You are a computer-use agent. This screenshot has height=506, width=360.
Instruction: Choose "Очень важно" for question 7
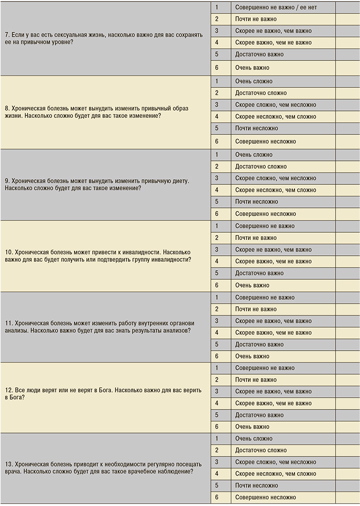[252, 67]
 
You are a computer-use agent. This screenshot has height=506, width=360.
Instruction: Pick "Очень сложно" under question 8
[253, 81]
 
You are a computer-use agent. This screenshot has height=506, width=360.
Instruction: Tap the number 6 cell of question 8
[217, 141]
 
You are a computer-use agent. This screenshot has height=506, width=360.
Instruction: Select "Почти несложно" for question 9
[256, 202]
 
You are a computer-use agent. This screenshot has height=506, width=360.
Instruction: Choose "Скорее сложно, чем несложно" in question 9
[275, 178]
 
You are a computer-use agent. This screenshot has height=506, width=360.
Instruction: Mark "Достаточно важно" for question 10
[259, 273]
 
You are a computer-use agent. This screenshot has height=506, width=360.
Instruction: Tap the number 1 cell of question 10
[217, 226]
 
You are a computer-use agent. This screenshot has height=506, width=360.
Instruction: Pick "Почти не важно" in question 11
[255, 309]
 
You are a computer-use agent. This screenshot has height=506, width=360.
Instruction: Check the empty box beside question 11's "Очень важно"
[347, 356]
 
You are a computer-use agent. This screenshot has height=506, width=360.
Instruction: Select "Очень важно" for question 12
[252, 427]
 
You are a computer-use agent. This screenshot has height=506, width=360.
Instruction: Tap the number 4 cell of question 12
[217, 403]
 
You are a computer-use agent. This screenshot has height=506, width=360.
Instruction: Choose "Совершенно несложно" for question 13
[265, 498]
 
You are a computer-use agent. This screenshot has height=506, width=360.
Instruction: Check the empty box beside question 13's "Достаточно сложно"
[347, 451]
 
